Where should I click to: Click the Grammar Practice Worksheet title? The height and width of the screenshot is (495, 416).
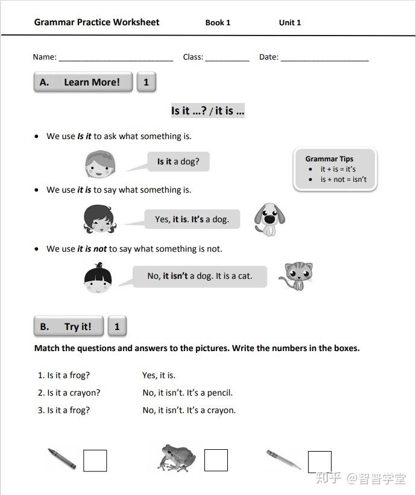point(96,22)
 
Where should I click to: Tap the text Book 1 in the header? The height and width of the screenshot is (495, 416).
point(218,23)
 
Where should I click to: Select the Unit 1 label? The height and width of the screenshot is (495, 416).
point(289,23)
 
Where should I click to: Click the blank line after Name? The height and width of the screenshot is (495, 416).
point(116,58)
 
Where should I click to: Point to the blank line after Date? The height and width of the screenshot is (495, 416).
point(324,58)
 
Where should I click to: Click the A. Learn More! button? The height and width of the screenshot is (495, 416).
point(83,82)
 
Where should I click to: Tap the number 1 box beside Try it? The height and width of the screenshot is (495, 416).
point(117,327)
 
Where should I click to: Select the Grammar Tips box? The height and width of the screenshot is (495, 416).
point(335,170)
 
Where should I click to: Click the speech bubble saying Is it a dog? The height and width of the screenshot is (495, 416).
point(178,161)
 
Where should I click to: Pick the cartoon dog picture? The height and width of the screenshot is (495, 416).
point(269,218)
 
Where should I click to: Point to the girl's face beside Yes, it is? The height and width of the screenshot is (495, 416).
point(99,219)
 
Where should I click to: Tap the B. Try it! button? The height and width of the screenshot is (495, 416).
point(69,327)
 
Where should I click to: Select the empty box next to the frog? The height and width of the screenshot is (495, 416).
point(216,461)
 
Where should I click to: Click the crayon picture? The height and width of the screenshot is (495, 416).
point(61,459)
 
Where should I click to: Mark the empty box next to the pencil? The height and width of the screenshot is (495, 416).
point(320,462)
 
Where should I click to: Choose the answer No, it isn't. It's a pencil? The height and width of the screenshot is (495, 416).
point(188,393)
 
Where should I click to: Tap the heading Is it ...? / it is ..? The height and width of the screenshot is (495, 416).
point(208,111)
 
